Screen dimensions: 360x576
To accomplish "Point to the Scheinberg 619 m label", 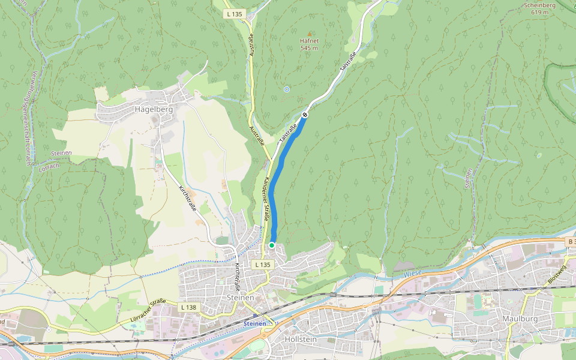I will click(539, 8).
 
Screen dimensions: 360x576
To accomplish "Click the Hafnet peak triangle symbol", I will click(310, 34).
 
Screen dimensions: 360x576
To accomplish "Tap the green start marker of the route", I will click(272, 245).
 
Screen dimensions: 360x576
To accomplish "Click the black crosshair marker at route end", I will click(305, 115).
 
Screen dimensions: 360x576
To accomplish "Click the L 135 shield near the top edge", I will click(234, 13).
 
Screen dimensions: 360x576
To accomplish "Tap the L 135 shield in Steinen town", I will click(262, 264).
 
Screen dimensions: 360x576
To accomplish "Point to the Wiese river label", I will click(412, 273).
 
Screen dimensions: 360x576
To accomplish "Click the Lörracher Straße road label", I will click(146, 312).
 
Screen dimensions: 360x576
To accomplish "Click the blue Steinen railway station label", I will click(254, 323).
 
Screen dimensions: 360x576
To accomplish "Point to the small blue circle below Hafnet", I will click(286, 89).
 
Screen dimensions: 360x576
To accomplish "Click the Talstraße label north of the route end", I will click(347, 63).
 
